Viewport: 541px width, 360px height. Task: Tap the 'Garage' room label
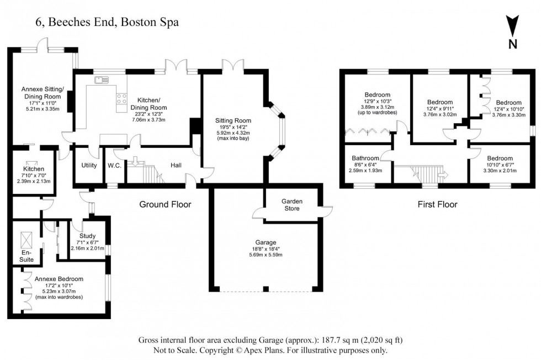[265, 242]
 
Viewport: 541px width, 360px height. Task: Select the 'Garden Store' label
[290, 204]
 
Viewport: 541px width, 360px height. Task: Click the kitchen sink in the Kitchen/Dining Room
[101, 81]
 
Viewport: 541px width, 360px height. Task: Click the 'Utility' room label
[89, 165]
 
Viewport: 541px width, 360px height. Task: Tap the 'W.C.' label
[115, 165]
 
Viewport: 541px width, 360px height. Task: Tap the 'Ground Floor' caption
[165, 205]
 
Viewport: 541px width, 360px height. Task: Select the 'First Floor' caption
[438, 205]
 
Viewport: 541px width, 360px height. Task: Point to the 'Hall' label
[176, 165]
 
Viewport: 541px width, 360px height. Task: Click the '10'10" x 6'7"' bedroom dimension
[499, 165]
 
